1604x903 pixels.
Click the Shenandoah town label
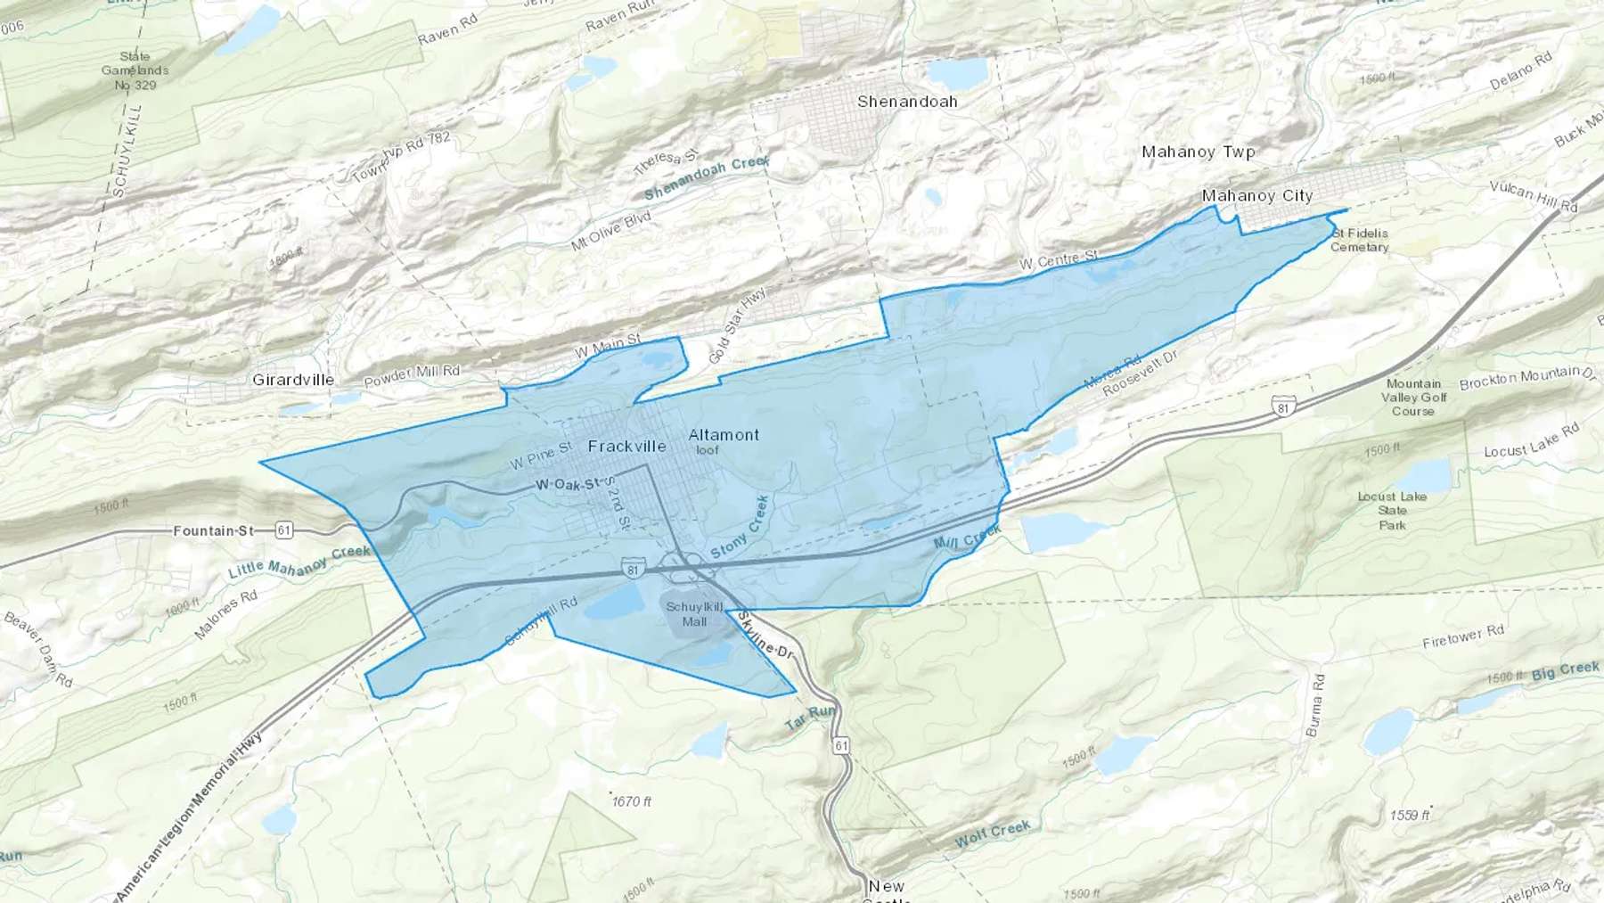click(907, 102)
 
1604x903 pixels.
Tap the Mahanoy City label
click(1256, 195)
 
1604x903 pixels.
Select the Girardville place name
click(293, 380)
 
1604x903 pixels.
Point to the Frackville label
click(626, 446)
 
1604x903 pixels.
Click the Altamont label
click(724, 435)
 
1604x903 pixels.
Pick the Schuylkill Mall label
click(694, 614)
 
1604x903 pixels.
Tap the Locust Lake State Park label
click(1392, 511)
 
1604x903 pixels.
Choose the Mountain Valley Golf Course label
click(1413, 398)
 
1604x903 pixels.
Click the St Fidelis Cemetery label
click(1359, 240)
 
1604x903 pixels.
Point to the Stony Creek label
click(740, 528)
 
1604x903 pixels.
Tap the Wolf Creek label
click(992, 833)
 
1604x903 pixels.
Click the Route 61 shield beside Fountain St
click(283, 530)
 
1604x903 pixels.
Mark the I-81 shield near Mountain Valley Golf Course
click(1283, 407)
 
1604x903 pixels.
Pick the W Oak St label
click(568, 484)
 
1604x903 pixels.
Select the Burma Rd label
click(1315, 705)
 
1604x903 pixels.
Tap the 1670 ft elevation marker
click(631, 801)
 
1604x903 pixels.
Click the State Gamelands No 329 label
click(135, 70)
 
